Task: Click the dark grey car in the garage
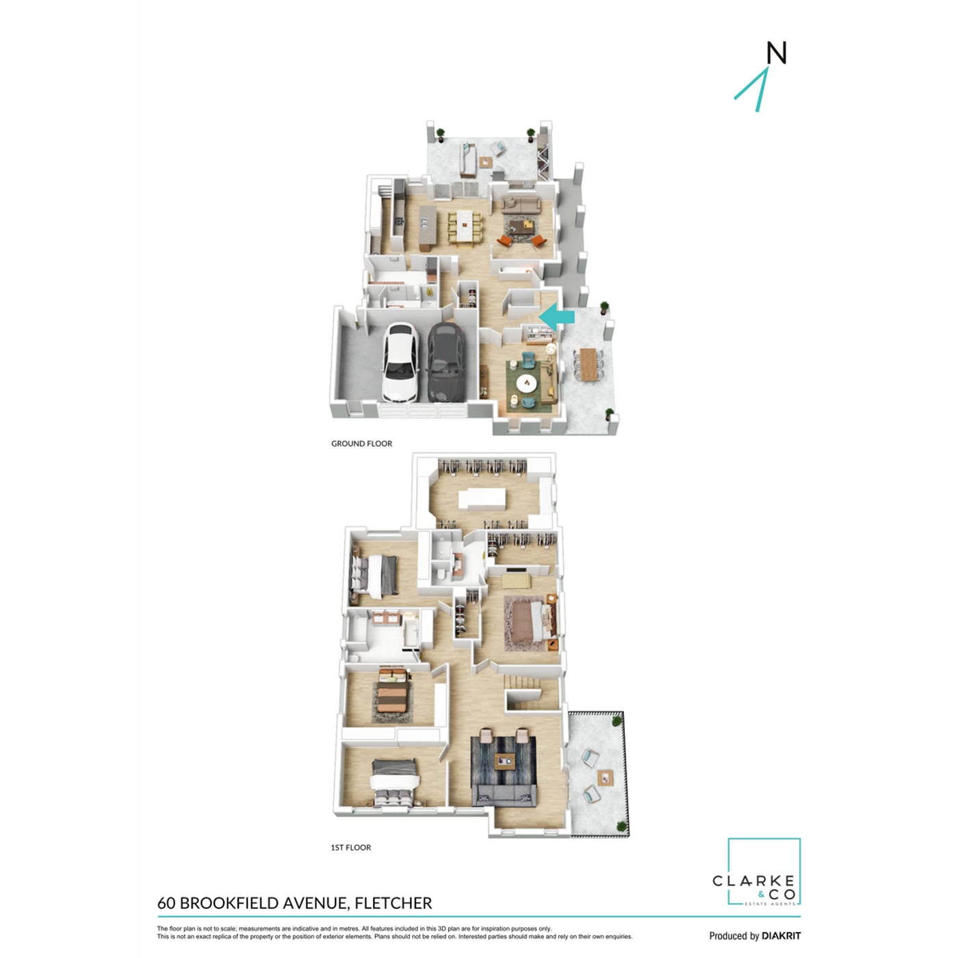point(446,361)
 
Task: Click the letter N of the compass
point(776,53)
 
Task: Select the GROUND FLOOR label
point(361,443)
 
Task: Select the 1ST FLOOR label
point(350,848)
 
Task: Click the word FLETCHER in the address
point(392,903)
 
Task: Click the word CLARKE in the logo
point(753,881)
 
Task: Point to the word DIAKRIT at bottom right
point(781,935)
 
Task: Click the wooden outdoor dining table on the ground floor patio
point(589,364)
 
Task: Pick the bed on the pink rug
point(534,623)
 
